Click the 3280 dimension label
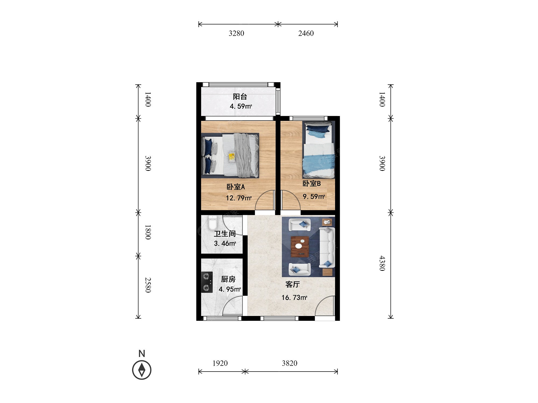pos(236,33)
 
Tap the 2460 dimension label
pos(306,33)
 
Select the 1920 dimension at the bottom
pos(220,363)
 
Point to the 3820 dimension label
pos(289,363)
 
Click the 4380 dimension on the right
pos(382,263)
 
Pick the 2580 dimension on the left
pos(148,285)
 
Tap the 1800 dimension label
pos(148,232)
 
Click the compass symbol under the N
pos(142,370)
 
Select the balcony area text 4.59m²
pos(241,106)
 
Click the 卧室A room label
pos(236,187)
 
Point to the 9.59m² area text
pos(314,197)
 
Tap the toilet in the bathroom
pos(213,223)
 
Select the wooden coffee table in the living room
pos(300,246)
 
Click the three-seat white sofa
pos(327,247)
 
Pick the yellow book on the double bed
pos(232,157)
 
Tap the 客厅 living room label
pos(292,284)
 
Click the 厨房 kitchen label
pos(228,279)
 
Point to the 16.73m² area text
pos(294,298)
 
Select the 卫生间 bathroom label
pos(225,234)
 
